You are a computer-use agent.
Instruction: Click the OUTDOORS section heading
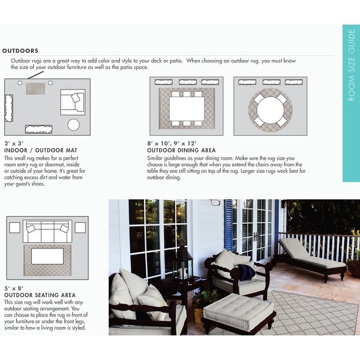click(x=20, y=51)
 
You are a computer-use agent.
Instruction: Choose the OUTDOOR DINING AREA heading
click(x=182, y=151)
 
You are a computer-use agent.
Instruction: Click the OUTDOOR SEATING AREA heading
click(x=40, y=295)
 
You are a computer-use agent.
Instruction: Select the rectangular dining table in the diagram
click(x=187, y=109)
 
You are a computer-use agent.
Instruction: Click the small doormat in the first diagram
click(x=35, y=89)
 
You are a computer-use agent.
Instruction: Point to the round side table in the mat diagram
click(x=74, y=125)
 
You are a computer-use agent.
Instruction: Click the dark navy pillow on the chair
click(x=245, y=271)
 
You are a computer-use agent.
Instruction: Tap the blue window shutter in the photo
click(x=228, y=225)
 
